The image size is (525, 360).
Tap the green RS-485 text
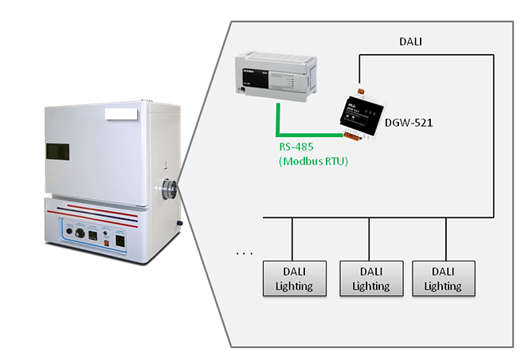pos(296,146)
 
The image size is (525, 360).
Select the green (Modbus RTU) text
pos(314,162)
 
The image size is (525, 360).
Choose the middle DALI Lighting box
pos(370,279)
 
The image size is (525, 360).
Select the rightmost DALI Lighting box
pos(443,279)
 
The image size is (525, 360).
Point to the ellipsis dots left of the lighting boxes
pos(245,255)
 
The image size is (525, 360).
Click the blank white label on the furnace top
pos(121,115)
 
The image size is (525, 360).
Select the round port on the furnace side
pos(170,189)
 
